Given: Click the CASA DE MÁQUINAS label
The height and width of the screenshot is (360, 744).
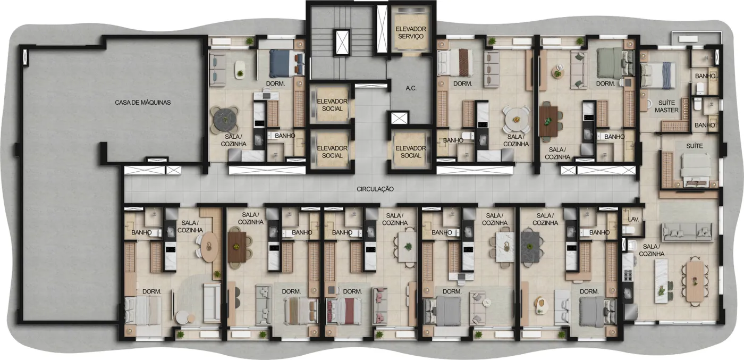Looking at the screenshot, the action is (x=143, y=103).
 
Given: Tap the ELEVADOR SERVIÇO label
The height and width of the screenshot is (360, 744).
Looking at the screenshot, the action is (x=411, y=32).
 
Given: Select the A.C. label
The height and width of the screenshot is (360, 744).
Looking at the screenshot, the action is (x=411, y=88).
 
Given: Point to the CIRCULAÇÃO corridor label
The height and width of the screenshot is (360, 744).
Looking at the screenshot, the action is (x=375, y=189).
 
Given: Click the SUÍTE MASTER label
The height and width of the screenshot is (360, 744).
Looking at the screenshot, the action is (x=666, y=106).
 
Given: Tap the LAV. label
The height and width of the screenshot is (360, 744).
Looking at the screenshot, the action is (x=633, y=220).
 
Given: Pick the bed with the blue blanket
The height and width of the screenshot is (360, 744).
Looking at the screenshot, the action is (x=286, y=63).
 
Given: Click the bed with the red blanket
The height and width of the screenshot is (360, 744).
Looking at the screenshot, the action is (x=344, y=311).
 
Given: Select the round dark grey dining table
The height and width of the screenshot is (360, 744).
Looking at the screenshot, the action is (x=225, y=119).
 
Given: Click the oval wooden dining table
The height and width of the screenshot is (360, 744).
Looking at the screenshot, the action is (x=209, y=247).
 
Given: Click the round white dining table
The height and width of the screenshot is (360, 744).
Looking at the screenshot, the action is (x=516, y=119).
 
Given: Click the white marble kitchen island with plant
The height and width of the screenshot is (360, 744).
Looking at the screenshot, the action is (x=661, y=281).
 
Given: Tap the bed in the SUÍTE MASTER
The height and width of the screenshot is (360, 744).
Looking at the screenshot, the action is (x=658, y=76).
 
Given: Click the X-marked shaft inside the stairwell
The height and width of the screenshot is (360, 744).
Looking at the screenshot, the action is (x=342, y=42).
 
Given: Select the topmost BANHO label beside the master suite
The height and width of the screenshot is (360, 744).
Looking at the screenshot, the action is (x=705, y=76).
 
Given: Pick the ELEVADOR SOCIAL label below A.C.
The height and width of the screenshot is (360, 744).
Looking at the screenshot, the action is (x=411, y=152).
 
